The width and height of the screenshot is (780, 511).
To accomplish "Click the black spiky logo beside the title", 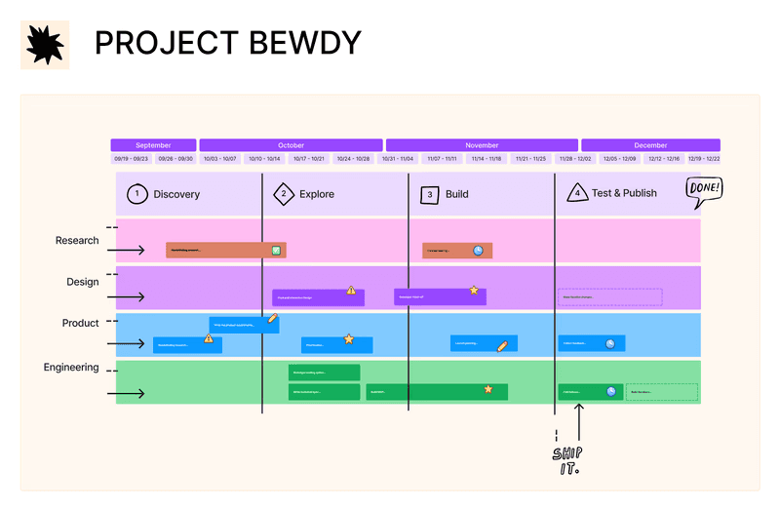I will coord(45,44).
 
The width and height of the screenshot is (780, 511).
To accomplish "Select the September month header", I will coord(153,145).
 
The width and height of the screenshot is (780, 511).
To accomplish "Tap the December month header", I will coord(650,145).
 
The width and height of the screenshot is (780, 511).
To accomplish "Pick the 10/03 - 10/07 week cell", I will coord(220,159).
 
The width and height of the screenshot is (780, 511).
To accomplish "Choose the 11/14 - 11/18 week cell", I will coord(486,159).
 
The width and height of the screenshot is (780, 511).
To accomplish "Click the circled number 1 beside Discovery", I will coord(136,194).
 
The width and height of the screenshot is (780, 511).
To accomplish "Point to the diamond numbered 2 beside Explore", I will coord(284,194).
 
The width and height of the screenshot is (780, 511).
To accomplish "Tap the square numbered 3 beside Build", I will coord(430,194).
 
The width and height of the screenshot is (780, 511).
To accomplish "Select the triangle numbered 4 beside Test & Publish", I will coord(576,193).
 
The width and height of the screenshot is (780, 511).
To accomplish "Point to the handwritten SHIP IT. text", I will coord(566,460).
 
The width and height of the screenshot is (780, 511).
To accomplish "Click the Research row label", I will coord(77,241).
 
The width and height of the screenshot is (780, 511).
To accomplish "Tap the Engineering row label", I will coord(71,368).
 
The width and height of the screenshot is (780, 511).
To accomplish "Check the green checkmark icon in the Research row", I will coord(277,251).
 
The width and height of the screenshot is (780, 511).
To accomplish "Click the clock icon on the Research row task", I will coord(479,251).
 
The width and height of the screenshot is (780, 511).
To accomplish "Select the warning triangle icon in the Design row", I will coord(351,291).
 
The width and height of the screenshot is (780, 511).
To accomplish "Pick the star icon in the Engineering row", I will coord(488,389).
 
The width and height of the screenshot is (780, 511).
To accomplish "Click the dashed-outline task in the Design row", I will coord(610,297).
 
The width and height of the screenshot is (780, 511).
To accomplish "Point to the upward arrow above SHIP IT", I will coord(578,422).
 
